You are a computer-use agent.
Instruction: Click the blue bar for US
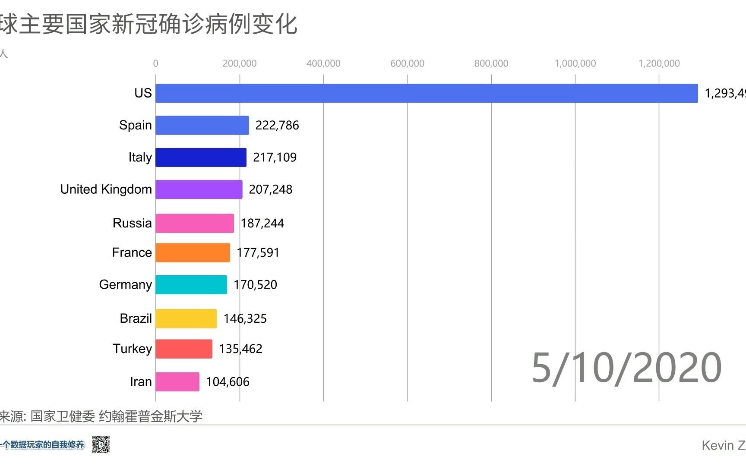coord(427,93)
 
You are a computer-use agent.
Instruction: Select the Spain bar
coord(202,125)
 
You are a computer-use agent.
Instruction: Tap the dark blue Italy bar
coord(201,157)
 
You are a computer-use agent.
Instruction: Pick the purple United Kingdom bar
coord(199,189)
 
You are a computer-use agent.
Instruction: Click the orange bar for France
coord(193,252)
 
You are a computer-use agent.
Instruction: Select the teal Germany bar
coord(191,285)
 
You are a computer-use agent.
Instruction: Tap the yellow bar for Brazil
coord(186,318)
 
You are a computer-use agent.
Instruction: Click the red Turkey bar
coord(184,349)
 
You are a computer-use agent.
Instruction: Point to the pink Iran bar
coord(177,382)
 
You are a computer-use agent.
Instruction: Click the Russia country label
coord(132,223)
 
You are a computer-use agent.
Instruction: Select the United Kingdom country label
coord(106,189)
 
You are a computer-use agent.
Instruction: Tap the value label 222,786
coord(277,125)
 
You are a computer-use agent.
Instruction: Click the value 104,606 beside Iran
coord(228,382)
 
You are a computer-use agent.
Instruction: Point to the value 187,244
coord(262,223)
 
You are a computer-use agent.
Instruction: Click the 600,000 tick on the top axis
coord(407,63)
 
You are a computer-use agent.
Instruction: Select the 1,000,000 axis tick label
coord(575,63)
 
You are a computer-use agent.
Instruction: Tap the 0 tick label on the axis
coord(155,63)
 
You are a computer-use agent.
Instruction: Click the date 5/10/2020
coord(626,368)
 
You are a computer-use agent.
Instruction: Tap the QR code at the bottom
coord(101,444)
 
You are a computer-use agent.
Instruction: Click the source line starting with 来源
coord(101,416)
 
